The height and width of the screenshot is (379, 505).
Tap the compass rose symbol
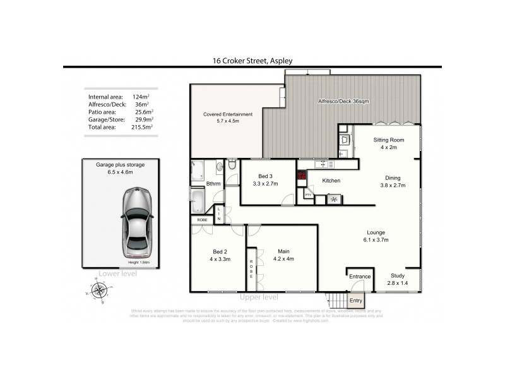click(x=98, y=291)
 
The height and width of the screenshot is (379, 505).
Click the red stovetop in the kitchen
click(x=302, y=177)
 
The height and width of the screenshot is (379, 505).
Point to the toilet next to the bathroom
click(x=231, y=165)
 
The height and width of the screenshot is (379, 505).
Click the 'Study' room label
click(x=398, y=276)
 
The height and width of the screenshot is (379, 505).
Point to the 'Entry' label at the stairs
click(x=356, y=301)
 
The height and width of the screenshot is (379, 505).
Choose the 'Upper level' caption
click(x=259, y=297)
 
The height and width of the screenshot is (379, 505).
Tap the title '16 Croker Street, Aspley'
click(x=252, y=61)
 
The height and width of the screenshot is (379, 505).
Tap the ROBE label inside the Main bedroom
click(x=251, y=269)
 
